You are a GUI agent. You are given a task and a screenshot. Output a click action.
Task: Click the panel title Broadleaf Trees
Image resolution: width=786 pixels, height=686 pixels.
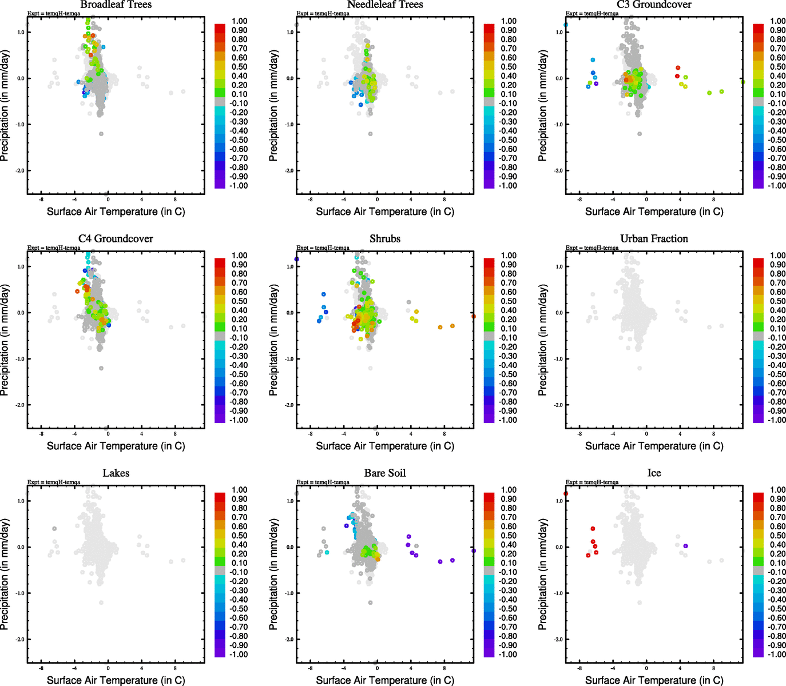(x=116, y=5)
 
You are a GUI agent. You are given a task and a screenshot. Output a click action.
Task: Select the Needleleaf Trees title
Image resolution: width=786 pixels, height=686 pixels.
(x=385, y=5)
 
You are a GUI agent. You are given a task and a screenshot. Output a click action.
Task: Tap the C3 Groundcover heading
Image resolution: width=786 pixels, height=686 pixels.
(x=654, y=5)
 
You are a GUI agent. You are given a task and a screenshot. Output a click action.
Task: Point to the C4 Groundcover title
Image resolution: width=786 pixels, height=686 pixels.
(x=116, y=238)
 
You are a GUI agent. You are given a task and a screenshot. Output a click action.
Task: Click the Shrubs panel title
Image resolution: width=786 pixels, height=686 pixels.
(x=385, y=238)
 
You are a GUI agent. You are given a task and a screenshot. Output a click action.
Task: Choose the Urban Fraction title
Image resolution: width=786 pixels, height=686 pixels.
(x=654, y=238)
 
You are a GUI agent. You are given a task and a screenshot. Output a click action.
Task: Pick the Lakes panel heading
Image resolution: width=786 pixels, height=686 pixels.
(x=116, y=473)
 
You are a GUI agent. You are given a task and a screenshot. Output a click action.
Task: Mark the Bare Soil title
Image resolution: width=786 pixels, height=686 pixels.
(x=385, y=473)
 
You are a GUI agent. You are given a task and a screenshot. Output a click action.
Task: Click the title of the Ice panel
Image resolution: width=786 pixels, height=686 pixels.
(x=654, y=473)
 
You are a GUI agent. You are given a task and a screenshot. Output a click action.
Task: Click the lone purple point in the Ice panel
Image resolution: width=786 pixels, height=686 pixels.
(x=685, y=546)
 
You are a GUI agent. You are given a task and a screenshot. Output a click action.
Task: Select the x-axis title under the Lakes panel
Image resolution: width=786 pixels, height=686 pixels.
(x=116, y=680)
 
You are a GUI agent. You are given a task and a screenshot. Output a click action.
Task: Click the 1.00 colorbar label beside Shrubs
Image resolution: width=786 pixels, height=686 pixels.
(x=509, y=256)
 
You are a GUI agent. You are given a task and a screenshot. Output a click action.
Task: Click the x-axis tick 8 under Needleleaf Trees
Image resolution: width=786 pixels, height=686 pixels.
(x=444, y=200)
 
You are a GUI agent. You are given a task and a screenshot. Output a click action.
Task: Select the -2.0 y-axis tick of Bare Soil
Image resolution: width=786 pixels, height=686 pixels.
(x=289, y=639)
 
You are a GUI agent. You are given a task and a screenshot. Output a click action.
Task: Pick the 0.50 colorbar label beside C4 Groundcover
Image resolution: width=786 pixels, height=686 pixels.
(x=239, y=301)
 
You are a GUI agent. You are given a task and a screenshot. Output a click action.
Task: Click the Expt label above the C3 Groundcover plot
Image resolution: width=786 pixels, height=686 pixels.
(x=592, y=13)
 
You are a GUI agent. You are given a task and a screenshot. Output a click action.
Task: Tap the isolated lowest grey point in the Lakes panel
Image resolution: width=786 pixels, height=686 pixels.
(x=101, y=603)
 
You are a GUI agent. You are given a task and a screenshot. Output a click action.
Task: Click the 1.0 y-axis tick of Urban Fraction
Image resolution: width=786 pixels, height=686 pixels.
(x=559, y=266)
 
